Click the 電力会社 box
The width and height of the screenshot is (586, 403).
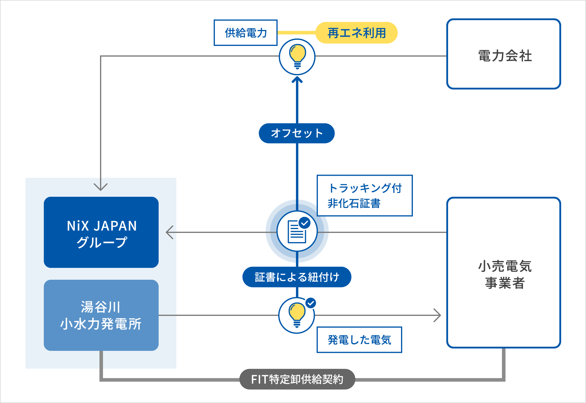tap(503, 54)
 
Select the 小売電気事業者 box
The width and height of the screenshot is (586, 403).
tap(503, 273)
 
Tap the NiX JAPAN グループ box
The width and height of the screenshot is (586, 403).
tap(101, 232)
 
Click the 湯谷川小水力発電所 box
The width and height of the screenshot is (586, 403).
tap(101, 315)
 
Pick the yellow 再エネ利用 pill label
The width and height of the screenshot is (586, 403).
tap(356, 33)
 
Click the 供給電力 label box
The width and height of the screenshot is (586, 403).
tap(246, 33)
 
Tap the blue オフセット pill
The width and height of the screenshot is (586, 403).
tap(297, 133)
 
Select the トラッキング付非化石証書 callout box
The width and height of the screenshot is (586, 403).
tap(364, 196)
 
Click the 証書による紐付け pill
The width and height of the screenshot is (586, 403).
tap(297, 277)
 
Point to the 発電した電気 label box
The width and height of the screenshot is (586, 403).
tap(359, 340)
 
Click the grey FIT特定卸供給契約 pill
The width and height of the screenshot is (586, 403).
tap(297, 379)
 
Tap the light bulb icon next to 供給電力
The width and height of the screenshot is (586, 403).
tap(297, 57)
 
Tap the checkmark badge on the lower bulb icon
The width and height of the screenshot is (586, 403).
tap(311, 303)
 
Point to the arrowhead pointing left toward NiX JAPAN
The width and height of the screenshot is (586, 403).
tap(169, 232)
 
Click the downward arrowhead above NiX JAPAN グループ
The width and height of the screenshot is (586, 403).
tap(101, 187)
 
